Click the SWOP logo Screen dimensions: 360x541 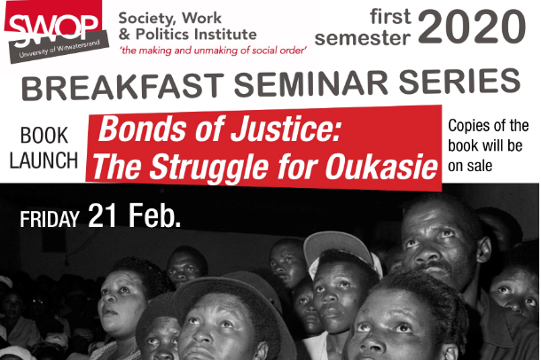(x=52, y=31)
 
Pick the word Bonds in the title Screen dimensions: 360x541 (x=134, y=131)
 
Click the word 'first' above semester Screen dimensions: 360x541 (x=376, y=16)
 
